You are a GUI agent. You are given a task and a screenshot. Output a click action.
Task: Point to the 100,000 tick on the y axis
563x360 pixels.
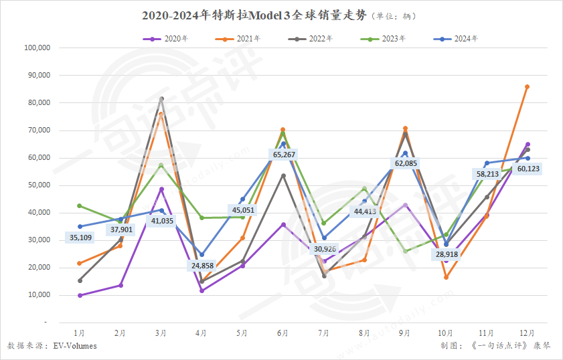[37, 48]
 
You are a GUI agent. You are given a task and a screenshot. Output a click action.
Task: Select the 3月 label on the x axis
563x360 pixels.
[161, 333]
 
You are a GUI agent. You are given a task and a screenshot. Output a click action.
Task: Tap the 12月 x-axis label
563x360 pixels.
[527, 333]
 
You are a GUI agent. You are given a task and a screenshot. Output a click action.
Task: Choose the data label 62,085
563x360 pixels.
[405, 163]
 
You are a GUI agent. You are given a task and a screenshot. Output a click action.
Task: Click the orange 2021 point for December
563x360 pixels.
[528, 86]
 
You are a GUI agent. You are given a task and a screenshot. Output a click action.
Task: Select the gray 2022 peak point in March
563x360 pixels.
[161, 99]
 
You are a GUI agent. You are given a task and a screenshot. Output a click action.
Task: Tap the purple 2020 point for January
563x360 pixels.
[80, 295]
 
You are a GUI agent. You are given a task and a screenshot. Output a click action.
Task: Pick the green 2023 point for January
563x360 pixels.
[80, 205]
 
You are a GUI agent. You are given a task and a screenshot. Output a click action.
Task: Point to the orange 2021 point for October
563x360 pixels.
[446, 277]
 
